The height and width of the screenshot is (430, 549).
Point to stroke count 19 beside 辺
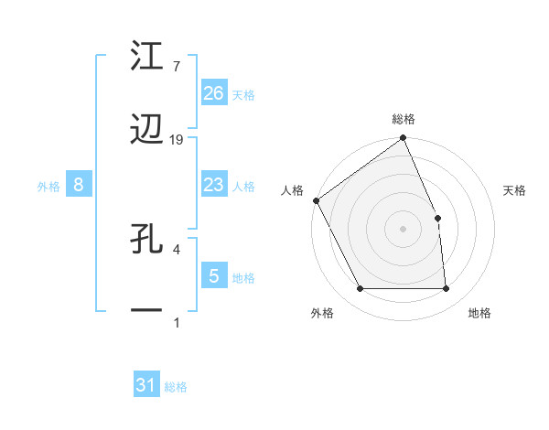pos(177,140)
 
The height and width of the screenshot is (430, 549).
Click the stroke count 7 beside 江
pos(176,67)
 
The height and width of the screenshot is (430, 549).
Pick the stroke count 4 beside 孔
pos(176,249)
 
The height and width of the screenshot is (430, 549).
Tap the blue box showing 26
pos(214,93)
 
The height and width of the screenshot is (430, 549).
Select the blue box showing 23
pos(214,185)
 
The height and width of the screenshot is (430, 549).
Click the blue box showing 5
pos(214,275)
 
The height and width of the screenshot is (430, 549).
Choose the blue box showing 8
pos(79,185)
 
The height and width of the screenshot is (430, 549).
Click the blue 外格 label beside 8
pos(48,186)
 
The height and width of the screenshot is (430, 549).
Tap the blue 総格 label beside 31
pos(176,387)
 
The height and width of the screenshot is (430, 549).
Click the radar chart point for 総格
pos(403,139)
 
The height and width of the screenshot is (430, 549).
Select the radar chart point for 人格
pos(316,200)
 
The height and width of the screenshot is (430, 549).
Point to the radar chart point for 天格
pos(437,218)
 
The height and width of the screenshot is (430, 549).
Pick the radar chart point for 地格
pos(446,289)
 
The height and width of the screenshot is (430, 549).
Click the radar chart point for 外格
pos(361,289)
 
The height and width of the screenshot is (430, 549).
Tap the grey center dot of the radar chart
pos(403,229)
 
